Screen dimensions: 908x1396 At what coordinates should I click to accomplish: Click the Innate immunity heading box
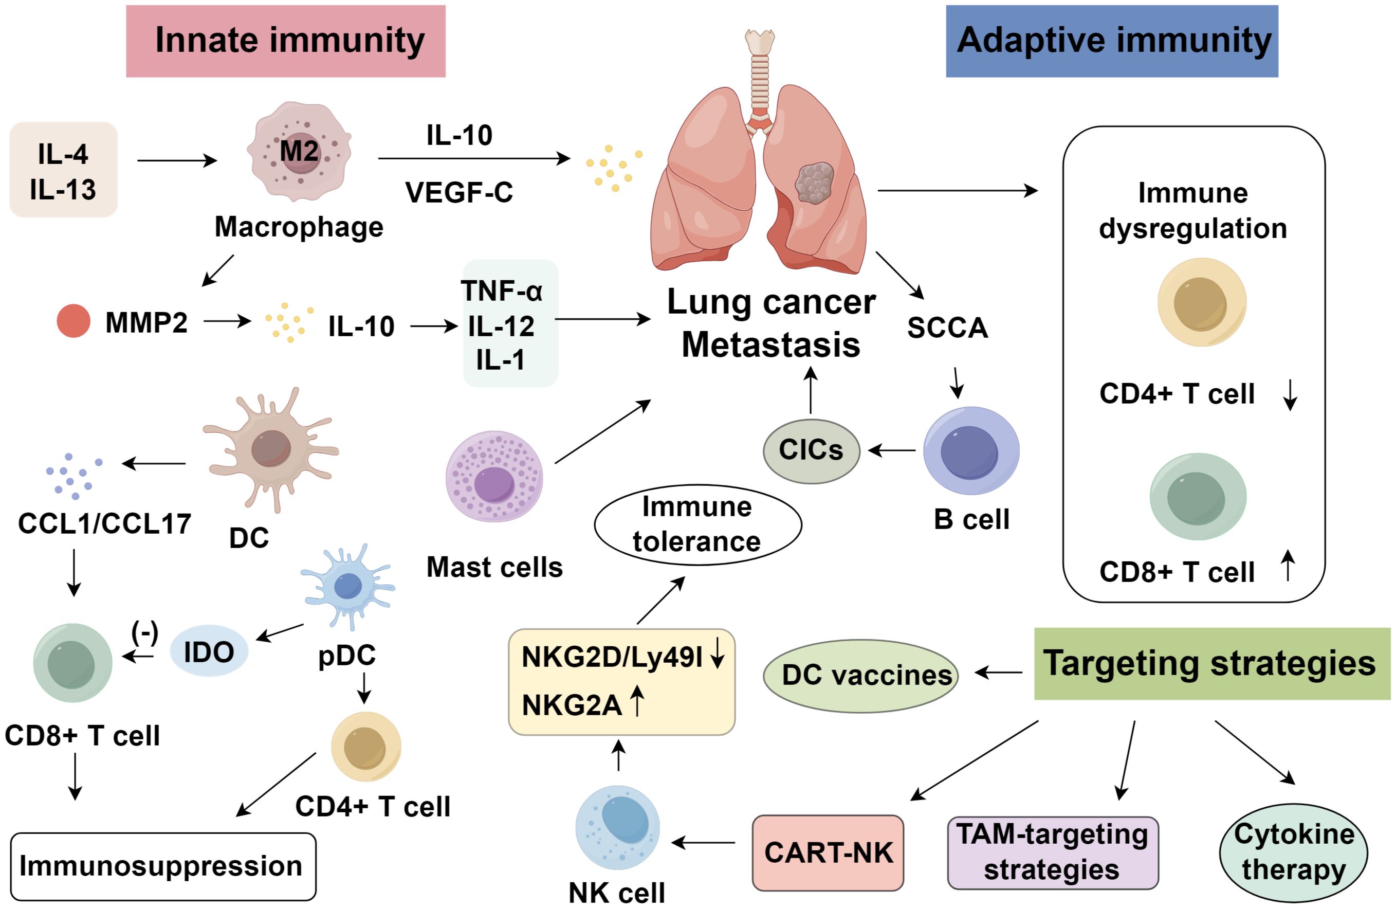point(286,41)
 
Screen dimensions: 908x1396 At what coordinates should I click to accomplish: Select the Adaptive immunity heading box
point(1112,41)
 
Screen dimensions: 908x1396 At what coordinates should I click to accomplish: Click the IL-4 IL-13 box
point(63,170)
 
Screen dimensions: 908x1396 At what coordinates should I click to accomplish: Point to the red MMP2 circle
point(74,321)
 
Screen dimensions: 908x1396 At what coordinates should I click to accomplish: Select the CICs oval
point(811,450)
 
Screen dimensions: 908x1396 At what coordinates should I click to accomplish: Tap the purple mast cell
point(494,476)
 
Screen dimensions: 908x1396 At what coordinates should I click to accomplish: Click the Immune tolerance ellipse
point(697,524)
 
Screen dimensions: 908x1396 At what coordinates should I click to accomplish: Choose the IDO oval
point(209,651)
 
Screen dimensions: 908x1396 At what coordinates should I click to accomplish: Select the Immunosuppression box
point(162,866)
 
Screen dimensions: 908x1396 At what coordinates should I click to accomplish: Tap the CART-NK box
point(828,852)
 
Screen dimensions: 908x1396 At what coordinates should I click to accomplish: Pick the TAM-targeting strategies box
point(1052,852)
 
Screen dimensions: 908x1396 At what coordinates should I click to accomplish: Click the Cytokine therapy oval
point(1293,852)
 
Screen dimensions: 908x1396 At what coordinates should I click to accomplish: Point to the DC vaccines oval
point(860,676)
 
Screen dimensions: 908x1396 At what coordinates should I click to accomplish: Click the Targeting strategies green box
point(1211,663)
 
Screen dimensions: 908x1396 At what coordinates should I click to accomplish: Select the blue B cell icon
point(971,450)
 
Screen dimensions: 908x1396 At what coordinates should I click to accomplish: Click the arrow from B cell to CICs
point(892,450)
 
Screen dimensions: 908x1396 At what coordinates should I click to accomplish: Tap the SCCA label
point(947,328)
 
